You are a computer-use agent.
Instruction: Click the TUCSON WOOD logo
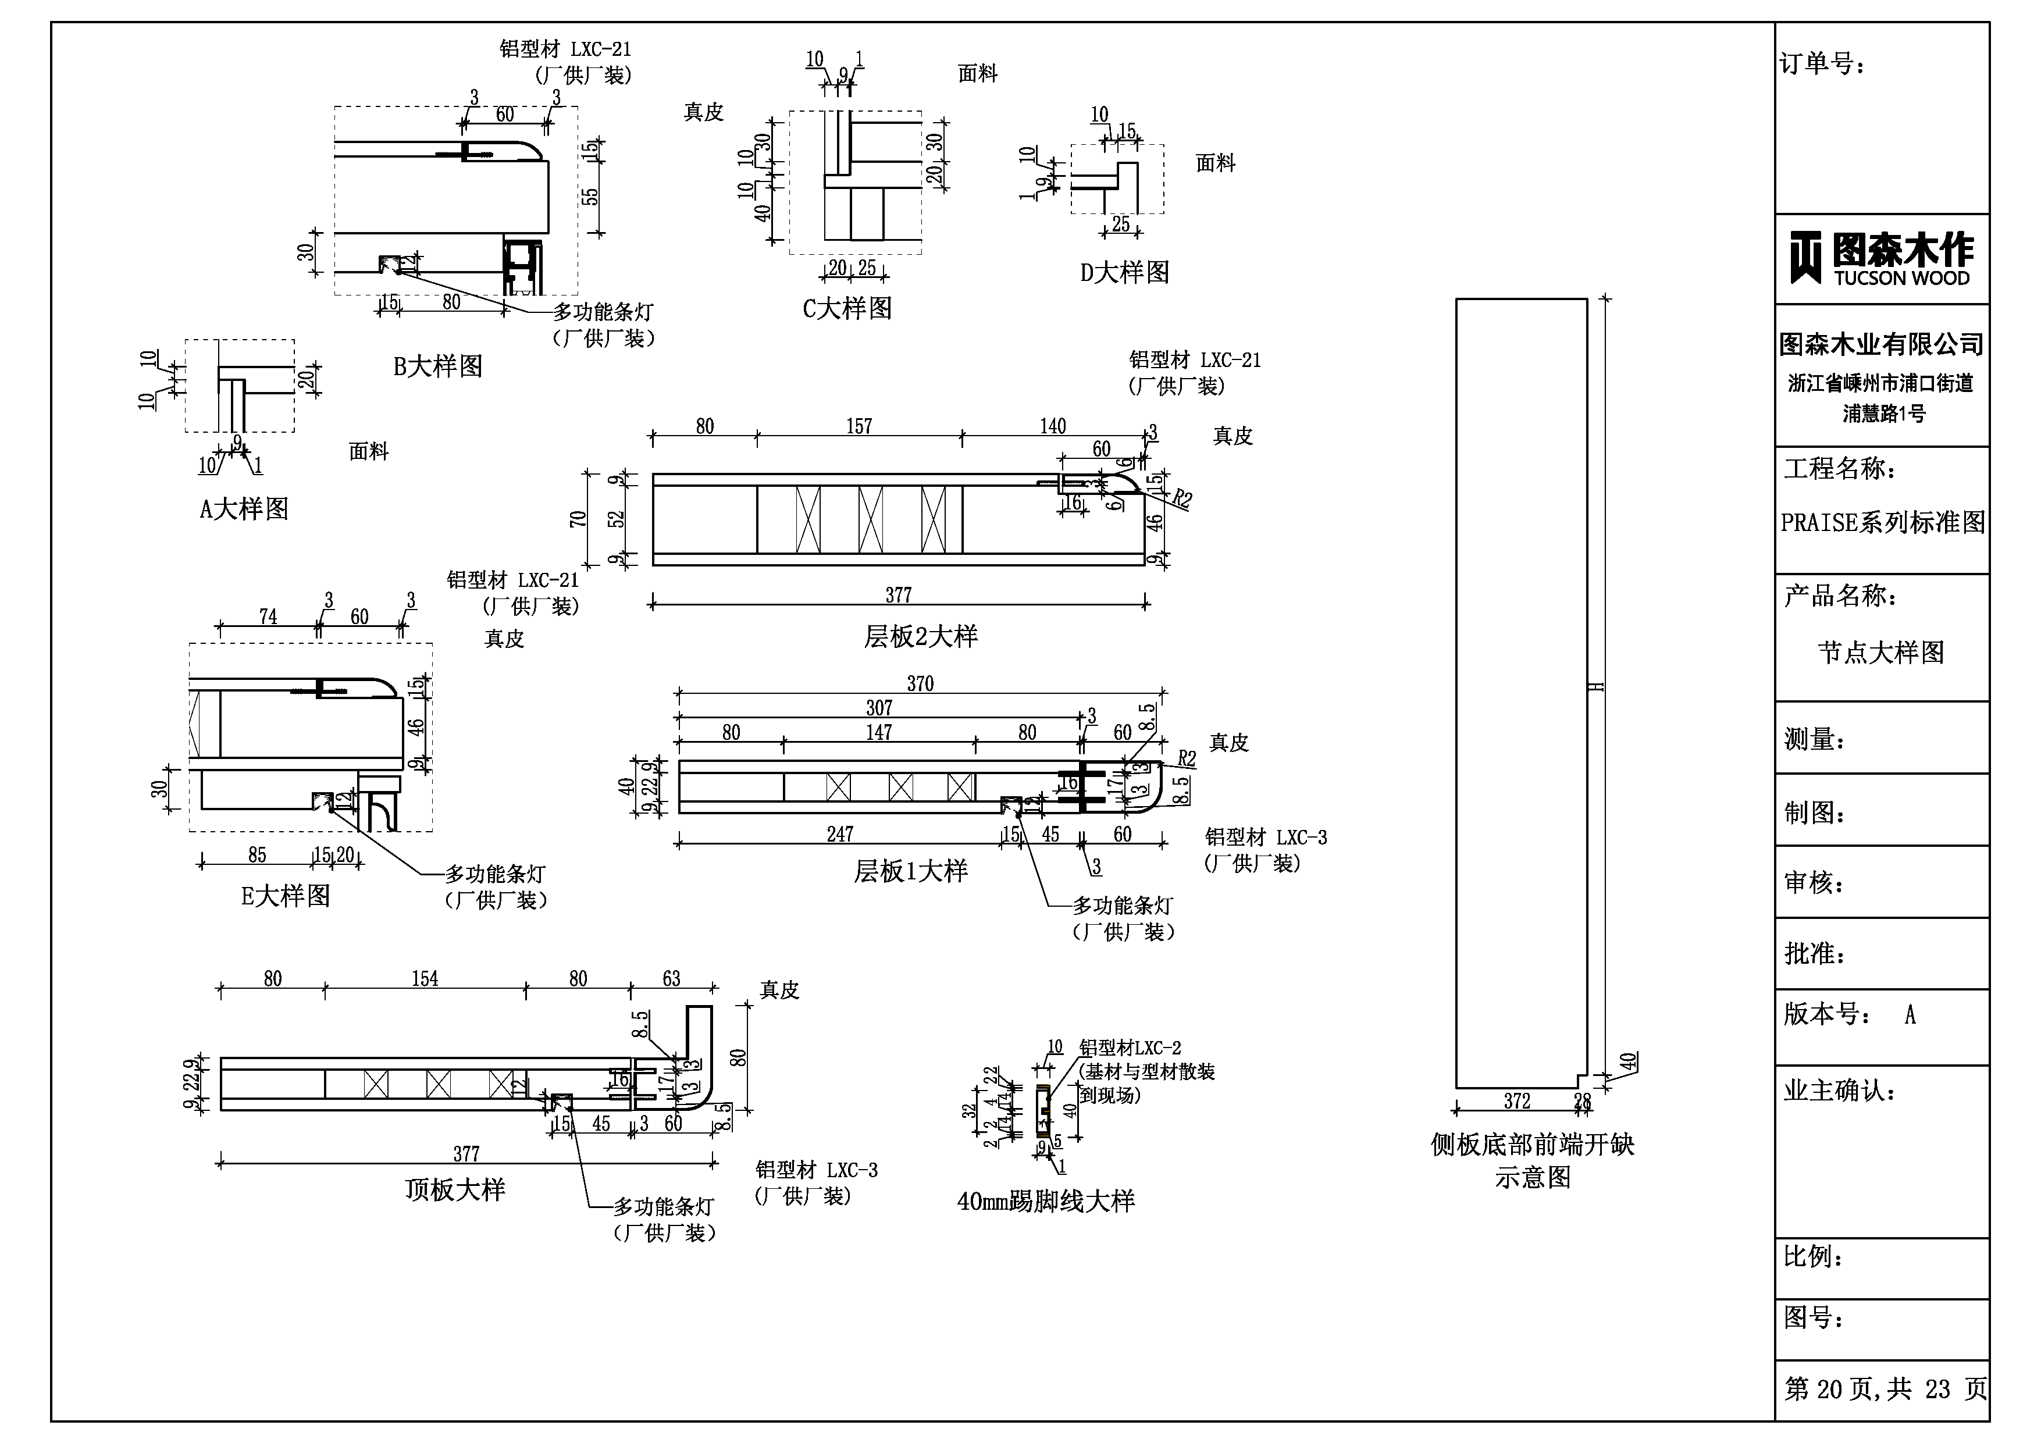coord(1881,259)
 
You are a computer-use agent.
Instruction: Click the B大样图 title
coord(437,366)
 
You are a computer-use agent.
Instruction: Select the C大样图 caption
coord(847,308)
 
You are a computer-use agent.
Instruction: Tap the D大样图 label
coord(1124,272)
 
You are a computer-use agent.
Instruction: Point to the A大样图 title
coord(244,509)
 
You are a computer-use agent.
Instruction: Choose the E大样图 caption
coord(286,895)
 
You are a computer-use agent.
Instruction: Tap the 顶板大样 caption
coord(455,1189)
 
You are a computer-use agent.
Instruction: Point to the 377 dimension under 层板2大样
coord(898,595)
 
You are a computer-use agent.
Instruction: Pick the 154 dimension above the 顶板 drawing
coord(425,979)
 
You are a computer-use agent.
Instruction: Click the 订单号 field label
coord(1822,64)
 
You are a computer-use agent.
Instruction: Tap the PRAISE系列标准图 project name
coord(1882,523)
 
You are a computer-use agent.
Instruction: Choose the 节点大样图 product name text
coord(1881,653)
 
